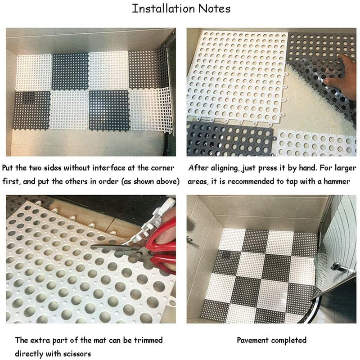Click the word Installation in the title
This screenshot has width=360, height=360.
pos(163,9)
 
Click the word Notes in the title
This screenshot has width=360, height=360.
pos(214,9)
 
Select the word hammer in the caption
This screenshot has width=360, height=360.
pos(337,182)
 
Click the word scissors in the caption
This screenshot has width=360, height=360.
pos(77,354)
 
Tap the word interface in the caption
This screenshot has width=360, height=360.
pos(108,168)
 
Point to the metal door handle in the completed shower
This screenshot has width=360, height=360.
pos(340,268)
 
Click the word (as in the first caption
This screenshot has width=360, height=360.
pos(126,182)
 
